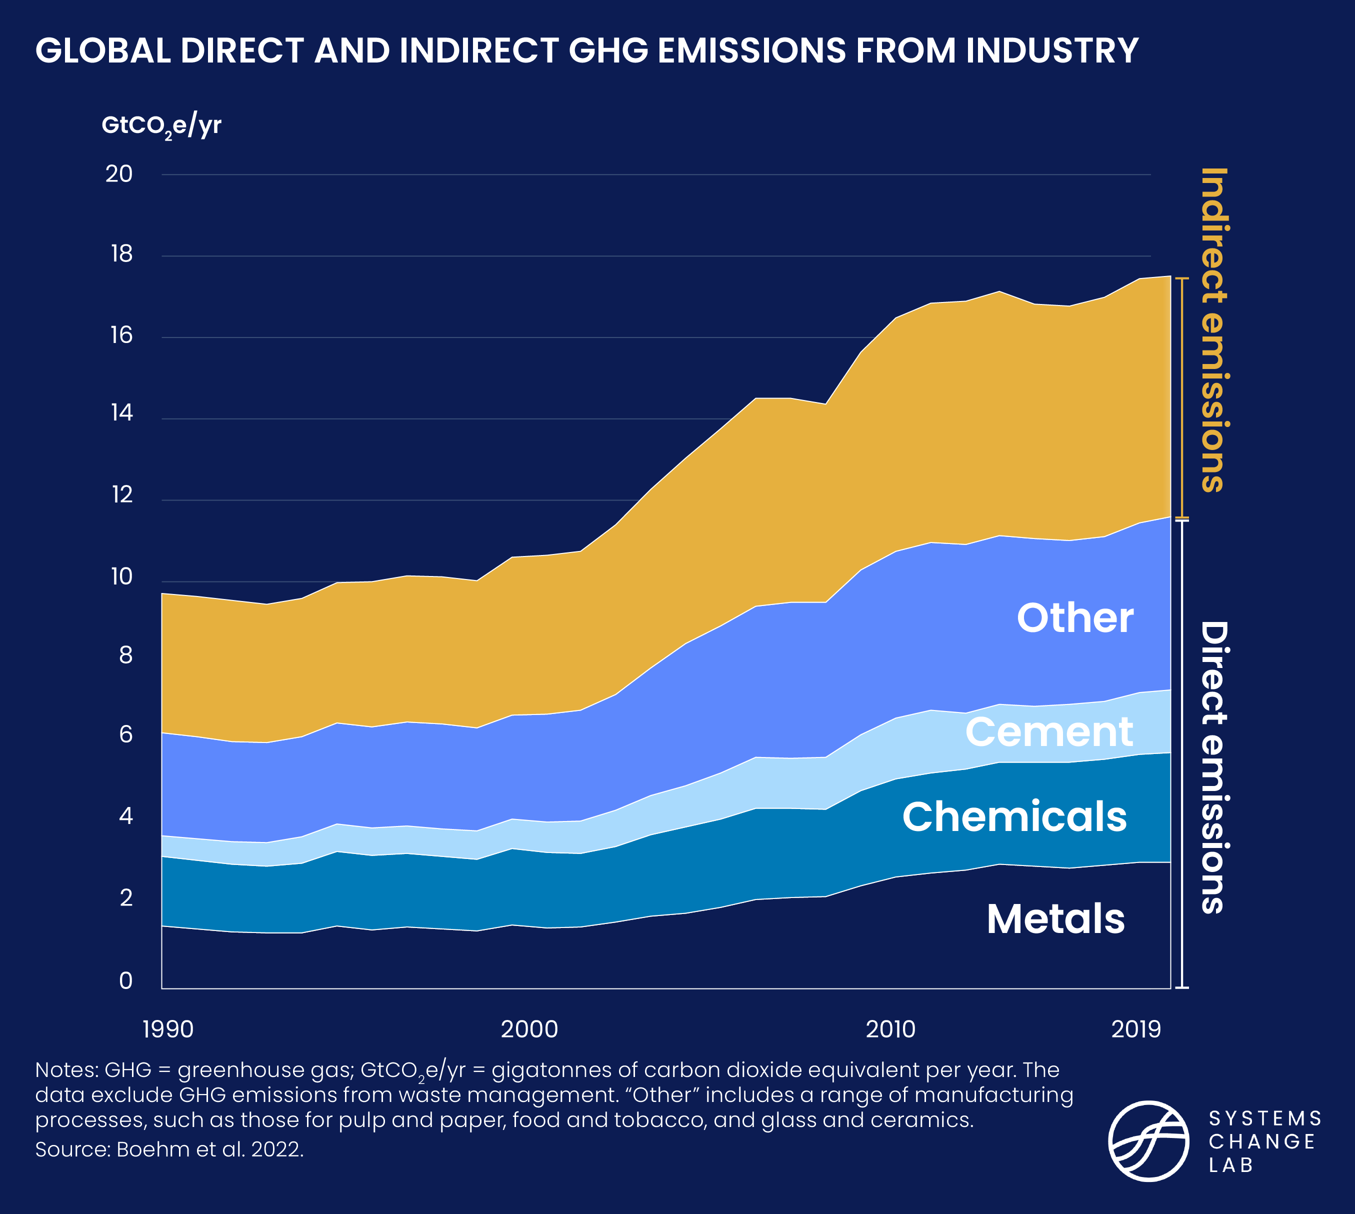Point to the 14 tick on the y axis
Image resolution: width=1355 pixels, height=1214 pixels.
(121, 413)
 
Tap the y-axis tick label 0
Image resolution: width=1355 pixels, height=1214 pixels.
(125, 980)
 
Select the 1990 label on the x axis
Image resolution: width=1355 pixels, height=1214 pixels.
(168, 1029)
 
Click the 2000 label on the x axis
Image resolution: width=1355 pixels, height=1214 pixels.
(529, 1029)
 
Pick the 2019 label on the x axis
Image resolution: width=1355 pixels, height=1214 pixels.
(1135, 1029)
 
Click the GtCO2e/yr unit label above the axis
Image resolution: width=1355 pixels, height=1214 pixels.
(161, 125)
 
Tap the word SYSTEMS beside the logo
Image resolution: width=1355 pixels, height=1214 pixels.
(1265, 1118)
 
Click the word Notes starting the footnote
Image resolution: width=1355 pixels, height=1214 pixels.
(66, 1070)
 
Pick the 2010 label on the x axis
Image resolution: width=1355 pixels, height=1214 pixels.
(890, 1029)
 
